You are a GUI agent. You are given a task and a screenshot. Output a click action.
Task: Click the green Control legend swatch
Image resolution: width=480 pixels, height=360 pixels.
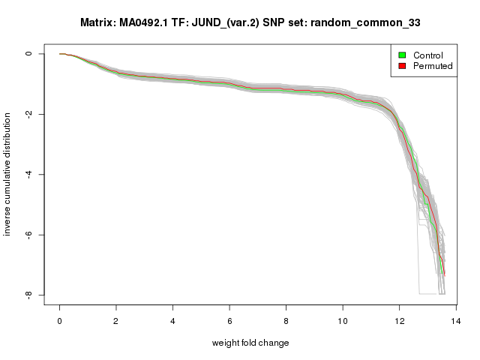tap(402, 55)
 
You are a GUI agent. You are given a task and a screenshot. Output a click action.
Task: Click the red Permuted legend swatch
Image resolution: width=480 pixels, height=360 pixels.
tap(402, 67)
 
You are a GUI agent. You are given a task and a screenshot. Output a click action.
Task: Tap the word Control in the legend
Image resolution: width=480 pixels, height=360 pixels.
tap(427, 55)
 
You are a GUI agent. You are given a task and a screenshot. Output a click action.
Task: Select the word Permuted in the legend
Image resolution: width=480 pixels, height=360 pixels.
tap(431, 67)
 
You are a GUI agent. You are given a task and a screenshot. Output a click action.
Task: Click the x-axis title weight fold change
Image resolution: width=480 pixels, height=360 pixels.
tap(250, 343)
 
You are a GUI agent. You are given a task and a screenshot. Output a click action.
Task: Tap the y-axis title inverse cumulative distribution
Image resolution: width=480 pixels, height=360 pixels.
tap(9, 174)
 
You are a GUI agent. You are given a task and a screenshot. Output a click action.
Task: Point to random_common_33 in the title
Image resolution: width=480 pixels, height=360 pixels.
tap(371, 23)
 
